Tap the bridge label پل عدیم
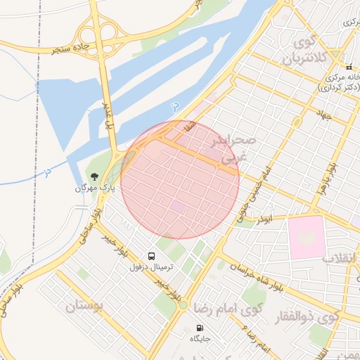[108, 114]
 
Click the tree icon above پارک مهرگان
[93, 176]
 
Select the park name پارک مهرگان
[94, 188]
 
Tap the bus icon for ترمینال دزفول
[151, 256]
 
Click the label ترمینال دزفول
[151, 268]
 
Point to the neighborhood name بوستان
[84, 306]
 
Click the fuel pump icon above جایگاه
[200, 328]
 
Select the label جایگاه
[200, 340]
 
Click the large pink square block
[307, 236]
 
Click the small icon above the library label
[348, 67]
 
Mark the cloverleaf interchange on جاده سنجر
[98, 35]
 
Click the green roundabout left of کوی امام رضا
[182, 304]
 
